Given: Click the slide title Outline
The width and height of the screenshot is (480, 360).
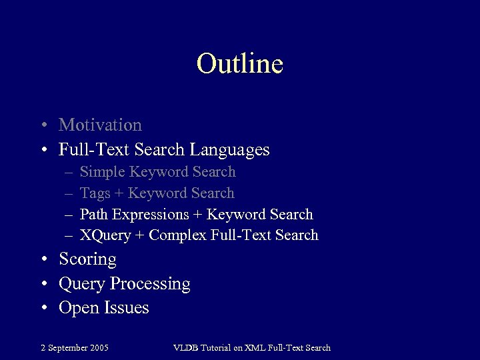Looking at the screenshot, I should (x=240, y=64).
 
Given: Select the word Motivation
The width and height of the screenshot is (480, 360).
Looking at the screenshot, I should (x=100, y=125).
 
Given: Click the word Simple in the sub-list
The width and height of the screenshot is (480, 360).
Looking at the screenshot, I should (x=102, y=172).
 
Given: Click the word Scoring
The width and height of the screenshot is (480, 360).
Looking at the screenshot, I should (x=87, y=259).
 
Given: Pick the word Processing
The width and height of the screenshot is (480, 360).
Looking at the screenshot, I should (x=150, y=284).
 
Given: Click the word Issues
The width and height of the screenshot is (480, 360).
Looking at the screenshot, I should (x=126, y=308).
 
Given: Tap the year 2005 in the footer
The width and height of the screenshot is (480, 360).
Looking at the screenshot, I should (x=99, y=347).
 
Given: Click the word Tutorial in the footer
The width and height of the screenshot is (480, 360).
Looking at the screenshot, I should (x=217, y=347).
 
